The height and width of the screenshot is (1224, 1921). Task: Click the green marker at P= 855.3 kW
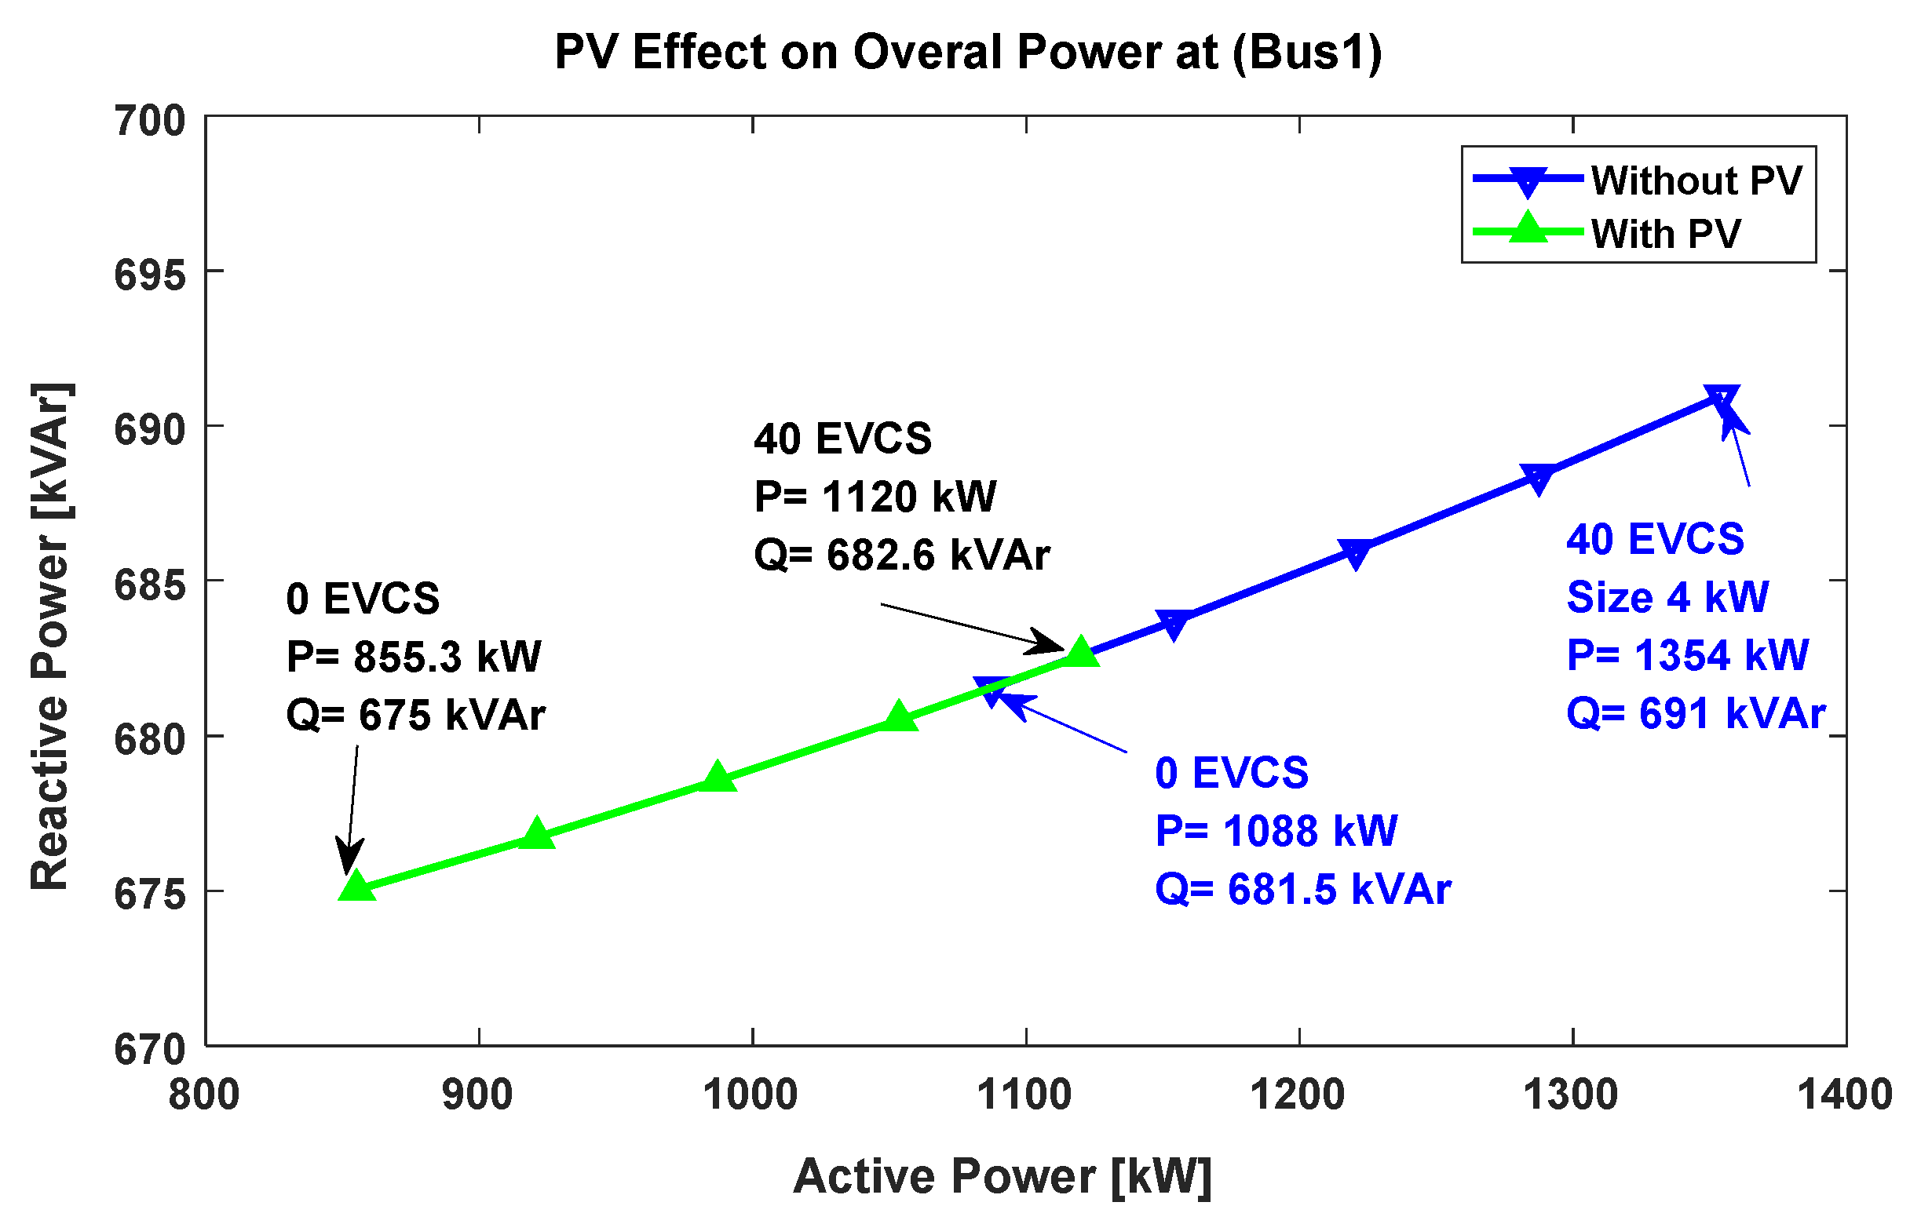tap(356, 886)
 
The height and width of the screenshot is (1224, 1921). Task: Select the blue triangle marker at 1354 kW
tap(1721, 399)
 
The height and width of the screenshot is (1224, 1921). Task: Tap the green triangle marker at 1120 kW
tap(1081, 651)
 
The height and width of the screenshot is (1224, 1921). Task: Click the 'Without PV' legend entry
tap(1696, 180)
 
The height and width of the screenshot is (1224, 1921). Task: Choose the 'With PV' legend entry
tap(1666, 234)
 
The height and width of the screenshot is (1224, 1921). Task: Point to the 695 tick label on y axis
tap(149, 276)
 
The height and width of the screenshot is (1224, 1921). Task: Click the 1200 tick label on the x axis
tap(1298, 1094)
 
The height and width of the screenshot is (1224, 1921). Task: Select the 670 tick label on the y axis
tap(149, 1049)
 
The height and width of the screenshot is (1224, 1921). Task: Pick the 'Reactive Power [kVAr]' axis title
tap(51, 636)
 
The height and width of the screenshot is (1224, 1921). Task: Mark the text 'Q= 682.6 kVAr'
tap(901, 554)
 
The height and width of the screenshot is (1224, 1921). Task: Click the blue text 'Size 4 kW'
tap(1667, 596)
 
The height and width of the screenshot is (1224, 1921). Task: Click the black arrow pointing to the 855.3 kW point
tap(351, 810)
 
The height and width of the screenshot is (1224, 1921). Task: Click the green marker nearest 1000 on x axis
tap(718, 777)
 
